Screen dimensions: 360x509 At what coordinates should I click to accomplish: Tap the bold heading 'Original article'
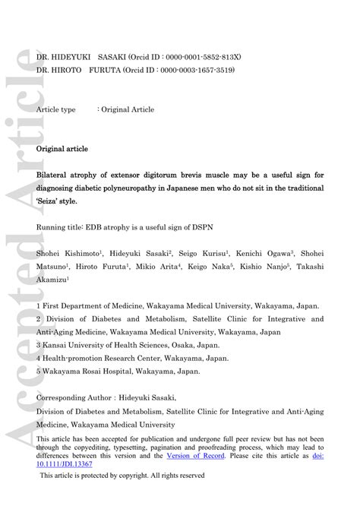[x=62, y=149]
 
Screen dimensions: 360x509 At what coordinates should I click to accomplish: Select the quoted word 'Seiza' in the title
[x=51, y=201]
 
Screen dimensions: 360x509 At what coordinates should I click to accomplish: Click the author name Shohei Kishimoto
[x=64, y=254]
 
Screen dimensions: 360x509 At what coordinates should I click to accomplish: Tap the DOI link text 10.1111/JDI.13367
[x=66, y=462]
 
